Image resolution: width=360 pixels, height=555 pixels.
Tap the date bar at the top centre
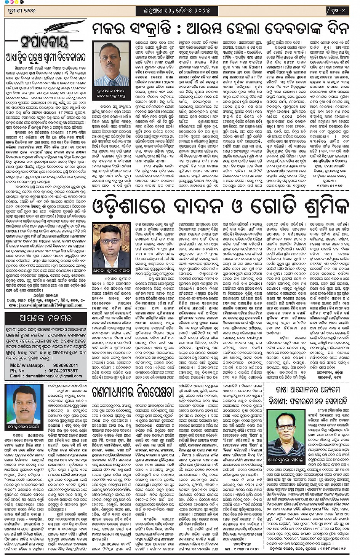(174, 11)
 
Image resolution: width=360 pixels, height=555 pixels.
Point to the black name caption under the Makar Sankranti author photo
(111, 91)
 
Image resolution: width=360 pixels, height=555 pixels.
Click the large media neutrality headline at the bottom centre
(133, 392)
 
